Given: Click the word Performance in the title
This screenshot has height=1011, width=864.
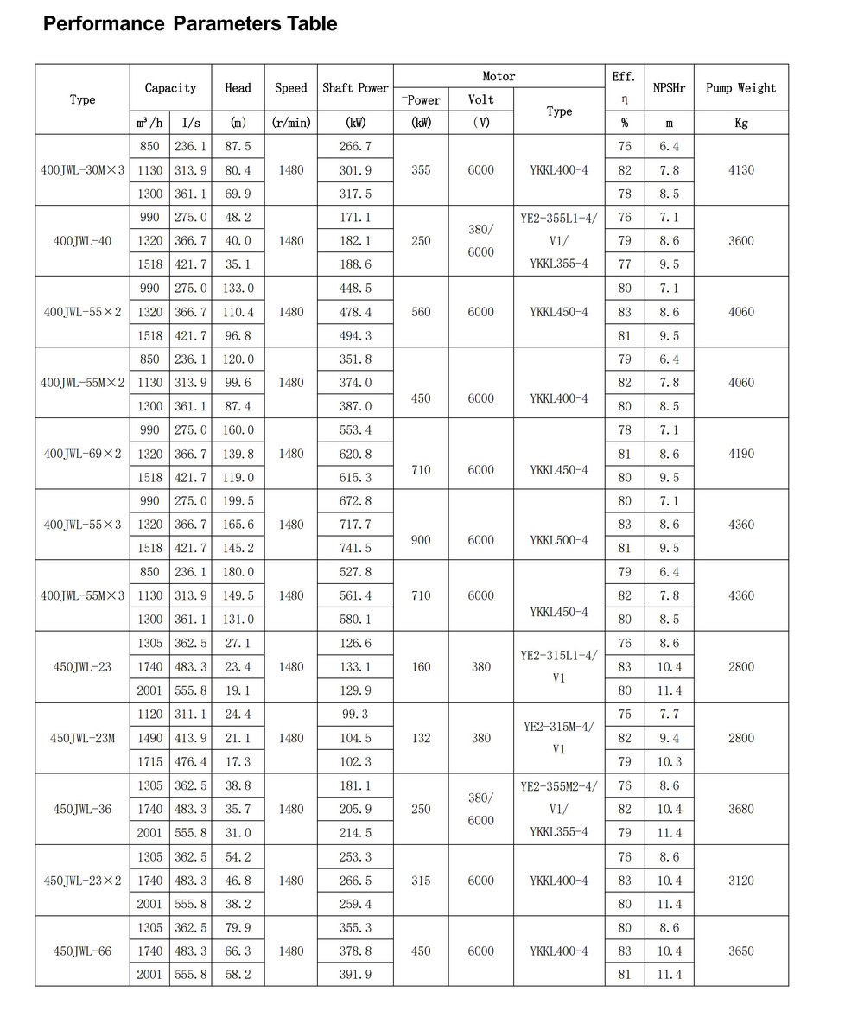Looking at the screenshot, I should click(104, 23).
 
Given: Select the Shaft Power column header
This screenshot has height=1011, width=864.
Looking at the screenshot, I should click(355, 88).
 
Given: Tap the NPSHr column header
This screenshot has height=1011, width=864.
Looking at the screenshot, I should click(669, 88).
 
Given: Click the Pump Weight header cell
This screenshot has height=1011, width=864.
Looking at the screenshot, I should click(740, 88).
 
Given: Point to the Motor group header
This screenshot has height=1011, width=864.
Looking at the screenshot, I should click(499, 76).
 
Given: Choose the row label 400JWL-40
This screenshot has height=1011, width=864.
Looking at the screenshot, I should click(82, 241).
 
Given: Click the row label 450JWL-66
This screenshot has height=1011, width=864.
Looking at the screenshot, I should click(82, 951).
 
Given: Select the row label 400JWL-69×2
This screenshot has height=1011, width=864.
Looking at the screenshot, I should click(82, 454).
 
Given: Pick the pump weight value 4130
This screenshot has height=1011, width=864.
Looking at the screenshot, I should click(740, 170).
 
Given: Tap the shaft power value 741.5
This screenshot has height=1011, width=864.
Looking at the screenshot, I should click(355, 548).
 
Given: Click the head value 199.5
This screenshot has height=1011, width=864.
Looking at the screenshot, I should click(238, 501).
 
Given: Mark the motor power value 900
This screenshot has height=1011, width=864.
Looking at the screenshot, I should click(421, 540).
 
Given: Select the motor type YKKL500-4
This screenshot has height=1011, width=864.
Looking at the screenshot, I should click(559, 540).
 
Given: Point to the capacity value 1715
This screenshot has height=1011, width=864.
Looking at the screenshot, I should click(149, 762).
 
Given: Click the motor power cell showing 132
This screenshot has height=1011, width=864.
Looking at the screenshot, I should click(421, 738).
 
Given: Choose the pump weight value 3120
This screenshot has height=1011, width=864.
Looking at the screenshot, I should click(740, 881).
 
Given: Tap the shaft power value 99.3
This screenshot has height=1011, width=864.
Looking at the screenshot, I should click(355, 715).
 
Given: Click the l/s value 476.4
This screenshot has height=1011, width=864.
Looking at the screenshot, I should click(191, 762).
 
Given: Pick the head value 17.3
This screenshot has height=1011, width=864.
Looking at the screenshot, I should click(238, 762).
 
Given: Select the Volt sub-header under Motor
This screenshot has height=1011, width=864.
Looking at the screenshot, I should click(481, 99).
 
